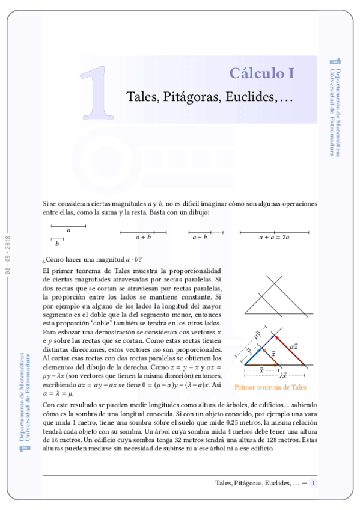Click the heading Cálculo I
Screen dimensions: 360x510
tap(261, 73)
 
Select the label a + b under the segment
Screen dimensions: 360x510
tap(143, 238)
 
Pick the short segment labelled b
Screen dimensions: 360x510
tap(57, 239)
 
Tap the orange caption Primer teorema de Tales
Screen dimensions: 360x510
tap(270, 387)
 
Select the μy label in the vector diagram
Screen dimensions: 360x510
tap(257, 334)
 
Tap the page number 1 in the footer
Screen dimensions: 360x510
tap(313, 483)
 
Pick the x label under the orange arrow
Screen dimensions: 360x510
tap(261, 367)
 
